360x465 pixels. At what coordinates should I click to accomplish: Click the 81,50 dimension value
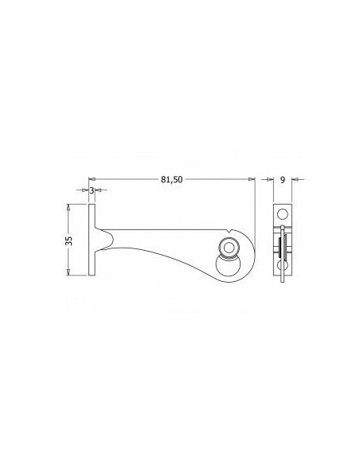171,180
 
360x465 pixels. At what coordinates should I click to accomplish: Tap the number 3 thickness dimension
92,191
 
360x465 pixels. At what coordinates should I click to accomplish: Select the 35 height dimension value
69,240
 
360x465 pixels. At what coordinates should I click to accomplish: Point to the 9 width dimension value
284,180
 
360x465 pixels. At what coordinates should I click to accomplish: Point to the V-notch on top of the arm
229,233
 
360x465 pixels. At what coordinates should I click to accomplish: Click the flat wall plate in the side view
92,240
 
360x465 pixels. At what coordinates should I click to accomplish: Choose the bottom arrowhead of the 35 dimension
69,273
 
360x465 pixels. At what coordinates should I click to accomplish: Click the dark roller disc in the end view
283,248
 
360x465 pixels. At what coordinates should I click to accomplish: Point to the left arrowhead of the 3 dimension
86,191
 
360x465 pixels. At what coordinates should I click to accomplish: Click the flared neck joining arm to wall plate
104,238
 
